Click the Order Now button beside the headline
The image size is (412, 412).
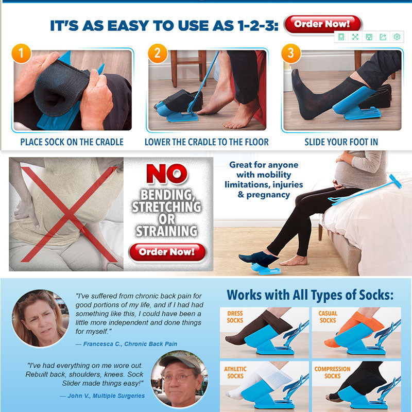[323, 24]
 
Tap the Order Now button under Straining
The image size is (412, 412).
[167, 252]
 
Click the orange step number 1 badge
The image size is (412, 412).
[21, 54]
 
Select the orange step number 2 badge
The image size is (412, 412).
[158, 54]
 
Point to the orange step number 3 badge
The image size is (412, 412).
[291, 54]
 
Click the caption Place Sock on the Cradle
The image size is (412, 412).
[72, 142]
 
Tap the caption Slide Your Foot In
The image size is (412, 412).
[341, 142]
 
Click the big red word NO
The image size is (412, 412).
[167, 174]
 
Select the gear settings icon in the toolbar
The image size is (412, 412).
[397, 37]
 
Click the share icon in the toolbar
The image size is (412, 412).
[383, 37]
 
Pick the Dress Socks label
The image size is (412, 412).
[235, 317]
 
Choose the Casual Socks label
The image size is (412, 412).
[328, 317]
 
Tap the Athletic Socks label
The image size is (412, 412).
[235, 372]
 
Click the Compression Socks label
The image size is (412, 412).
[332, 372]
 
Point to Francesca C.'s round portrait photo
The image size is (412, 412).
[40, 318]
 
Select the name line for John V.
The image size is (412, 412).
[102, 396]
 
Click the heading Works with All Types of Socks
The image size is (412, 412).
[310, 295]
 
